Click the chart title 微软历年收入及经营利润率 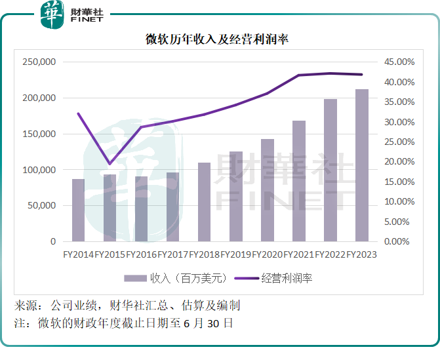(217, 39)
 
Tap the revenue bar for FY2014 (78, 210)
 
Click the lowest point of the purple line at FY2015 (110, 163)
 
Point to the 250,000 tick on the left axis (39, 62)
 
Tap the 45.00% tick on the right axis (399, 62)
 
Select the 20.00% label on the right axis (399, 162)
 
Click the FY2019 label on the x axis (235, 254)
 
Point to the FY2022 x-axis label (330, 254)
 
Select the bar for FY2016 (141, 209)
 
